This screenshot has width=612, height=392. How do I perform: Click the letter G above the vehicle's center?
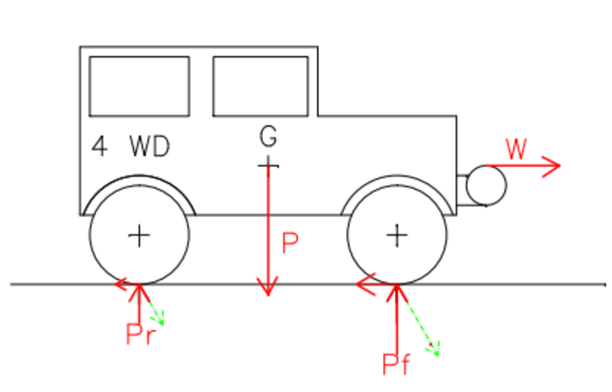(269, 137)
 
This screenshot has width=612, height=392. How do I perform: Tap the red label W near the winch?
(516, 149)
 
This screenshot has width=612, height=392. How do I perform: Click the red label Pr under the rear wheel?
(141, 334)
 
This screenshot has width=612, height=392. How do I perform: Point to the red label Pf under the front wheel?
(396, 365)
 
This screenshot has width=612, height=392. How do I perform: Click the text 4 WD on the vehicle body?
(131, 147)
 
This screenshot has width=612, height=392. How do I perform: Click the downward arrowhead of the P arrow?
(269, 288)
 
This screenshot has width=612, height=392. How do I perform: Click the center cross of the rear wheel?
(139, 236)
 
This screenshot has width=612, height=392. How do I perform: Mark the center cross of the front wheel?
(397, 236)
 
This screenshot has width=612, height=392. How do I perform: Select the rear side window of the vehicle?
(139, 86)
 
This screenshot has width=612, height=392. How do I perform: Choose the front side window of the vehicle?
(260, 86)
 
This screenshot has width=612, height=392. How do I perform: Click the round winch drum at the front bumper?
(486, 185)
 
